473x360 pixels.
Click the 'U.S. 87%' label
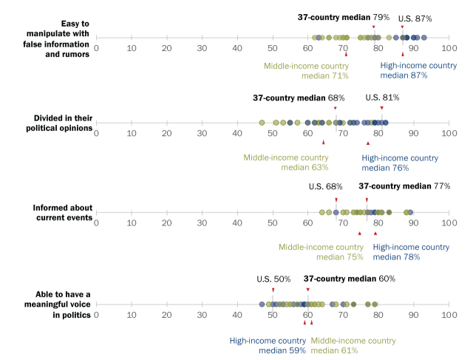415,18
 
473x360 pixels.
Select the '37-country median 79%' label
343,17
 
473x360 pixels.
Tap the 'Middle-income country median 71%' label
306,71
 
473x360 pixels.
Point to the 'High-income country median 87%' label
418,70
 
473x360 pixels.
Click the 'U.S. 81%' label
382,98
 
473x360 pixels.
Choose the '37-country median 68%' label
299,98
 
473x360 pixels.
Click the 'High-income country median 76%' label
400,163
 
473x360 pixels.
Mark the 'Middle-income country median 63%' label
286,163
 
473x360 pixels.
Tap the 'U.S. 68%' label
325,187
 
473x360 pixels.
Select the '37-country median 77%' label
404,186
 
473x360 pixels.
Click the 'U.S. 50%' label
273,279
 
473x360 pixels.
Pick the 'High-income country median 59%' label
268,345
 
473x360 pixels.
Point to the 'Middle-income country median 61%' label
353,345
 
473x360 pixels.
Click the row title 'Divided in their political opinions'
59,123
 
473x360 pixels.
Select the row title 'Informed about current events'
62,213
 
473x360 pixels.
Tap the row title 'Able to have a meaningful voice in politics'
58,305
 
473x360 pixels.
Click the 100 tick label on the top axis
449,48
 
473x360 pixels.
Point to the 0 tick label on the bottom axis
96,315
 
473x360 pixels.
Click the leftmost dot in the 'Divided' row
262,123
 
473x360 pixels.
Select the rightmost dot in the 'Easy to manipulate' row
423,38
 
